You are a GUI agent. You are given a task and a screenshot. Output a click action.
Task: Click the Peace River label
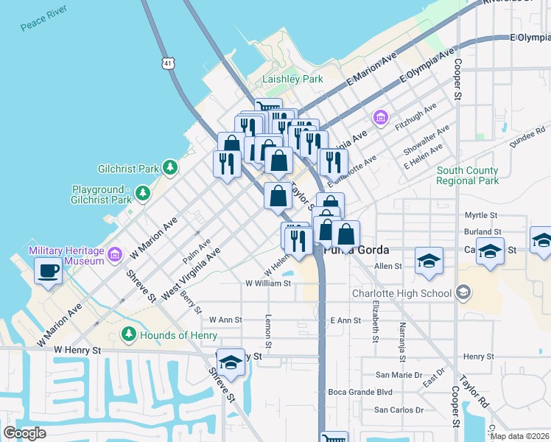click(x=43, y=18)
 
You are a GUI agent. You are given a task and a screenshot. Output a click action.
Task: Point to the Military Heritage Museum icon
click(x=114, y=256)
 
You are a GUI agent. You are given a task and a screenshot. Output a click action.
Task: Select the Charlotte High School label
click(x=401, y=293)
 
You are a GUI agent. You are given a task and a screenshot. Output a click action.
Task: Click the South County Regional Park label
click(x=467, y=175)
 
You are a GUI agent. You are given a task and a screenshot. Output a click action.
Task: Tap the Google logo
click(x=24, y=432)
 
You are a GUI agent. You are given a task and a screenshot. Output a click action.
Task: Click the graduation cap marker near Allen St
click(x=429, y=262)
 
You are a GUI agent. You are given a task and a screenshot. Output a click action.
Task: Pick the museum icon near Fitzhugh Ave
click(x=381, y=117)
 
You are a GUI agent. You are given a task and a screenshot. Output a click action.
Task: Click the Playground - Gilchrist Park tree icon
click(x=142, y=194)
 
